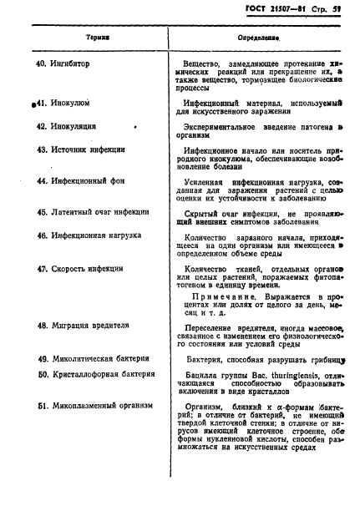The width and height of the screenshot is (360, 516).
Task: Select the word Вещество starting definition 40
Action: (206, 63)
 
